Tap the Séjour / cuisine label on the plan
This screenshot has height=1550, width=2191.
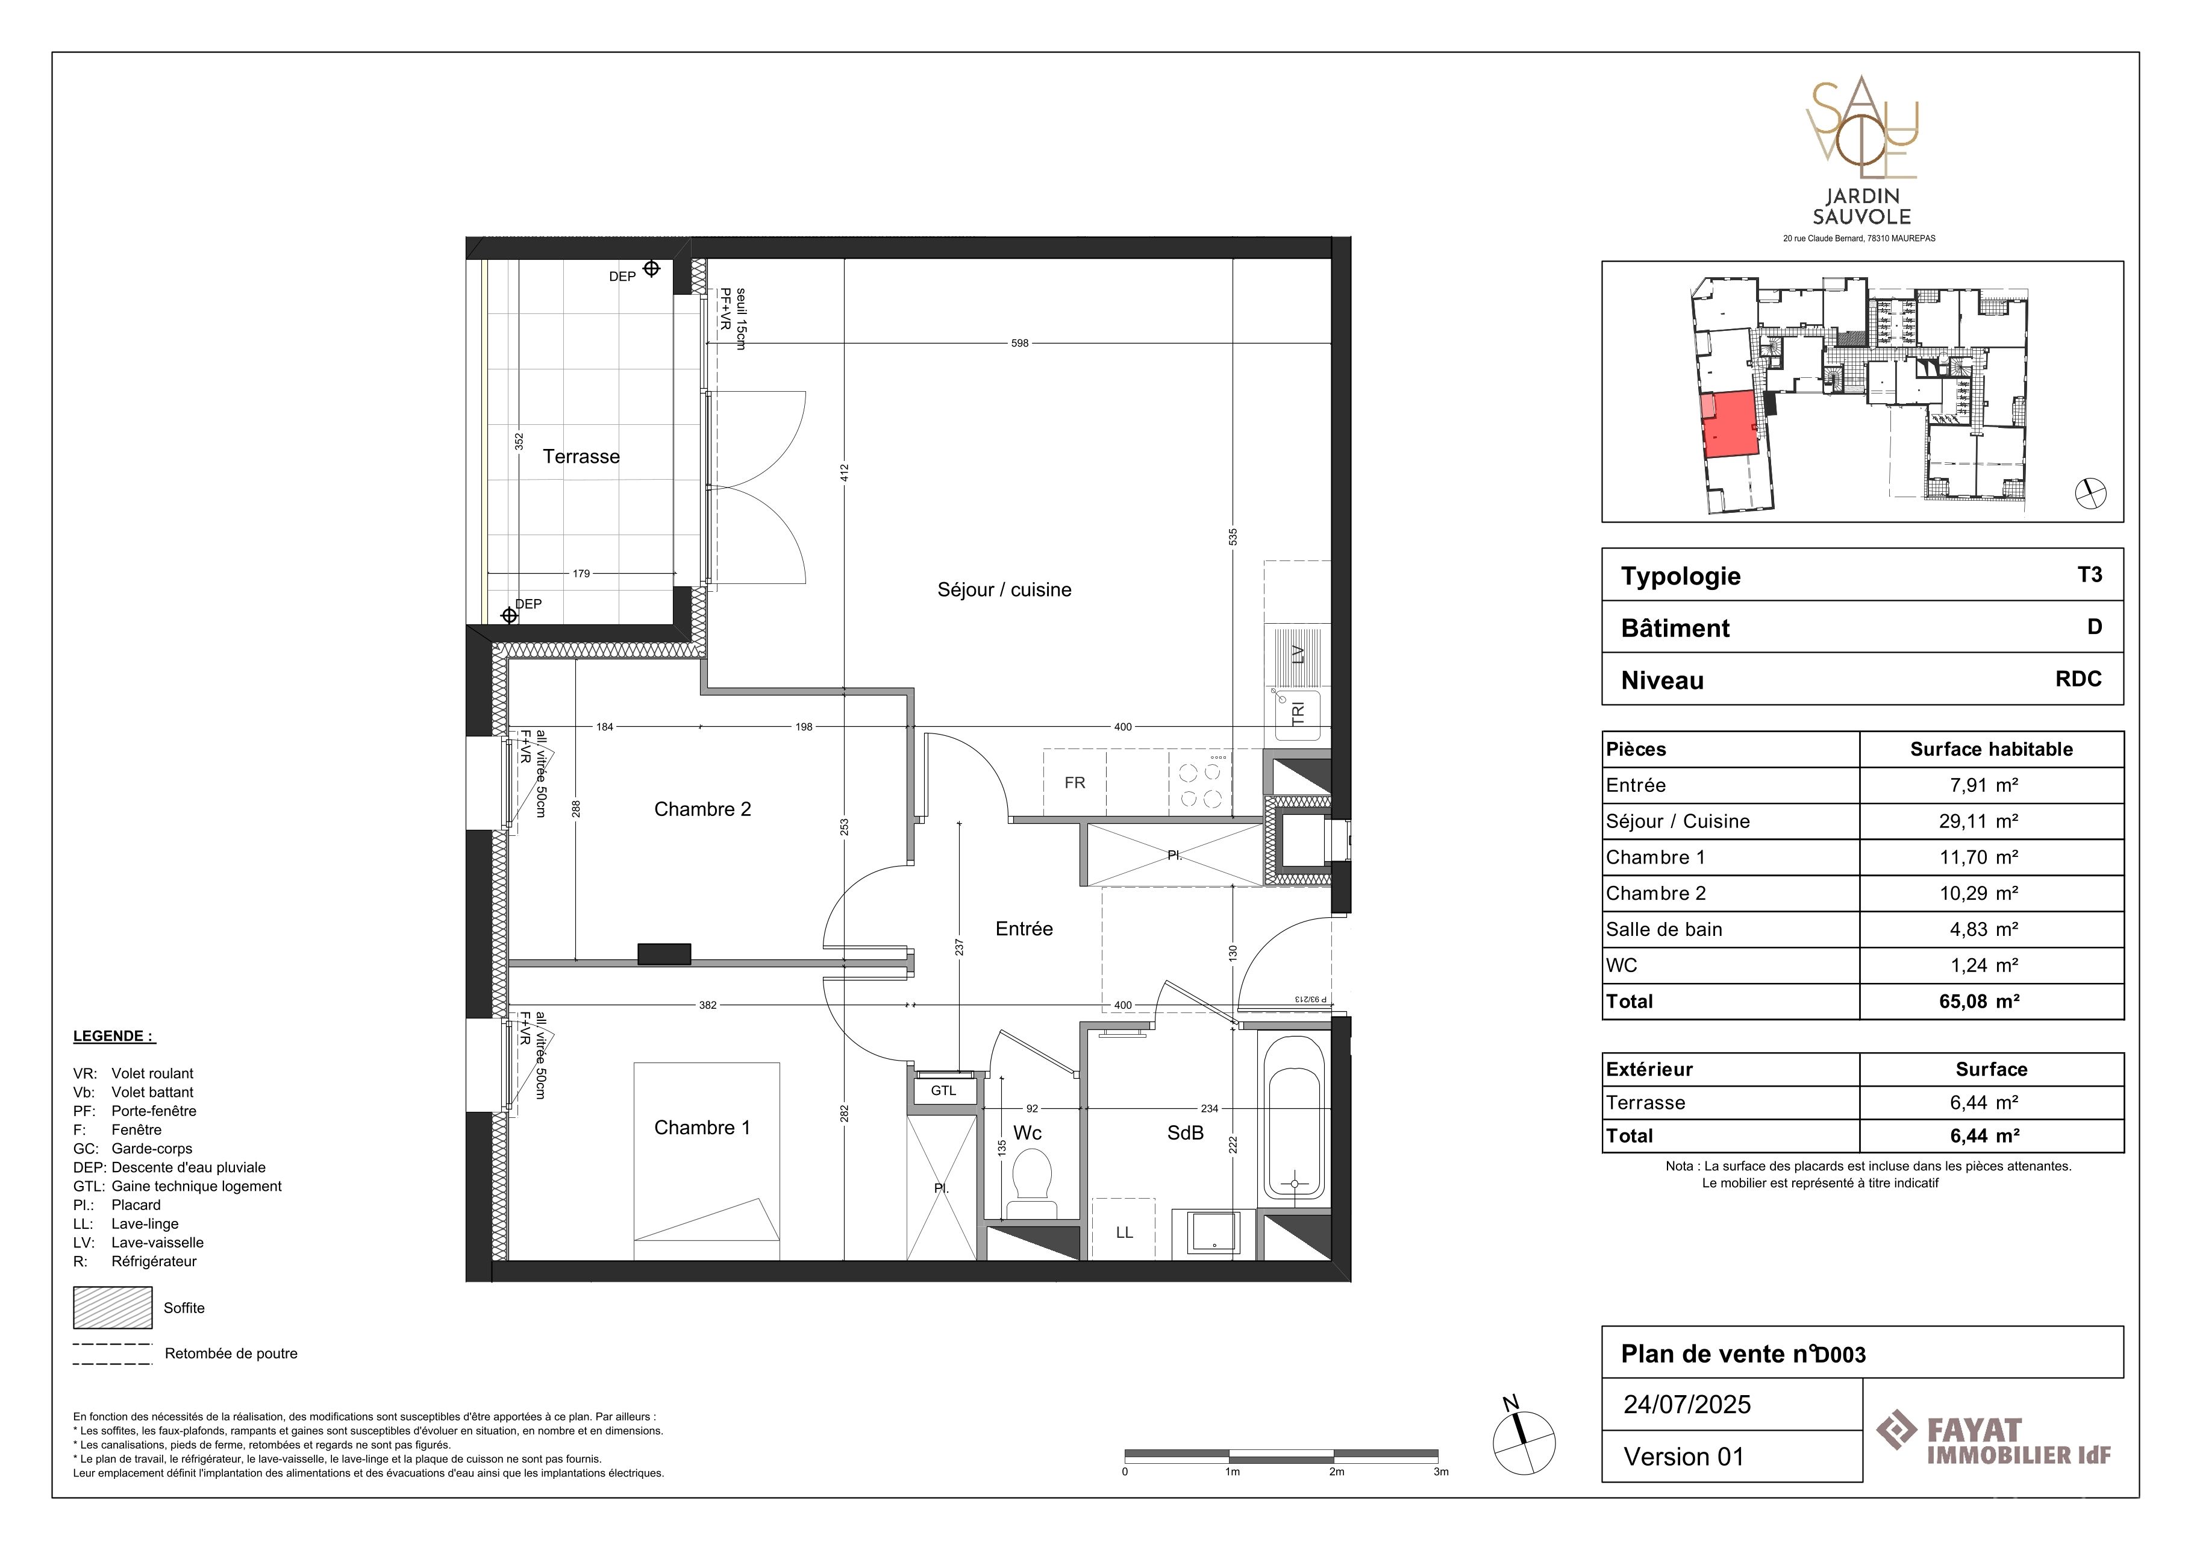tap(1004, 590)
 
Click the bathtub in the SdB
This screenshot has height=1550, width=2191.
tap(1294, 1117)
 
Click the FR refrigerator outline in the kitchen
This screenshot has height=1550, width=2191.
tap(1075, 783)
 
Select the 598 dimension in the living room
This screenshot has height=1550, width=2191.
tap(1020, 344)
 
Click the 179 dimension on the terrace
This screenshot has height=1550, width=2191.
tap(581, 574)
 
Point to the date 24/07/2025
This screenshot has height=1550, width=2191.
tap(1687, 1405)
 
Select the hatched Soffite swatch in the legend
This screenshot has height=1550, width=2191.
tap(113, 1308)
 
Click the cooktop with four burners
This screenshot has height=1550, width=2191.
tap(1201, 783)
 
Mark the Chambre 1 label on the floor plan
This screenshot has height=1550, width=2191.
tap(702, 1128)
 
